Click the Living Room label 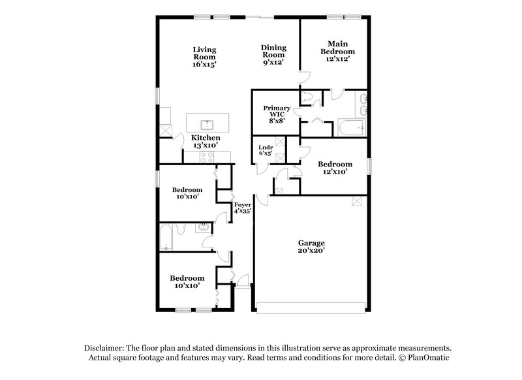click(204, 52)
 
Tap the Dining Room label click(273, 52)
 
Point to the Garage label click(311, 243)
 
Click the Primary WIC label click(276, 111)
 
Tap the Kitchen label click(206, 138)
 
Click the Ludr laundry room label click(266, 147)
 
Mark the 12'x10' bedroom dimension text click(335, 173)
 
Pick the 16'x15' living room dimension click(204, 65)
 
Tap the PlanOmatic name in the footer click(427, 358)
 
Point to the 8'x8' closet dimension click(276, 119)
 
